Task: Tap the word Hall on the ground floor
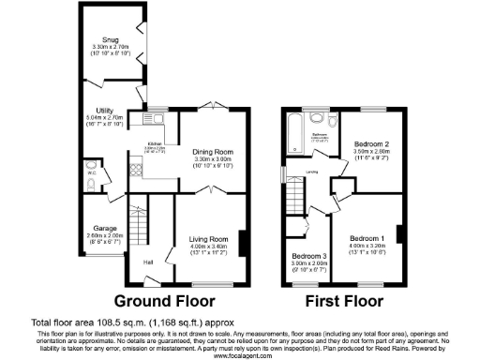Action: tap(148, 262)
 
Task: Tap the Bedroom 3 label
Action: tap(308, 256)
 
